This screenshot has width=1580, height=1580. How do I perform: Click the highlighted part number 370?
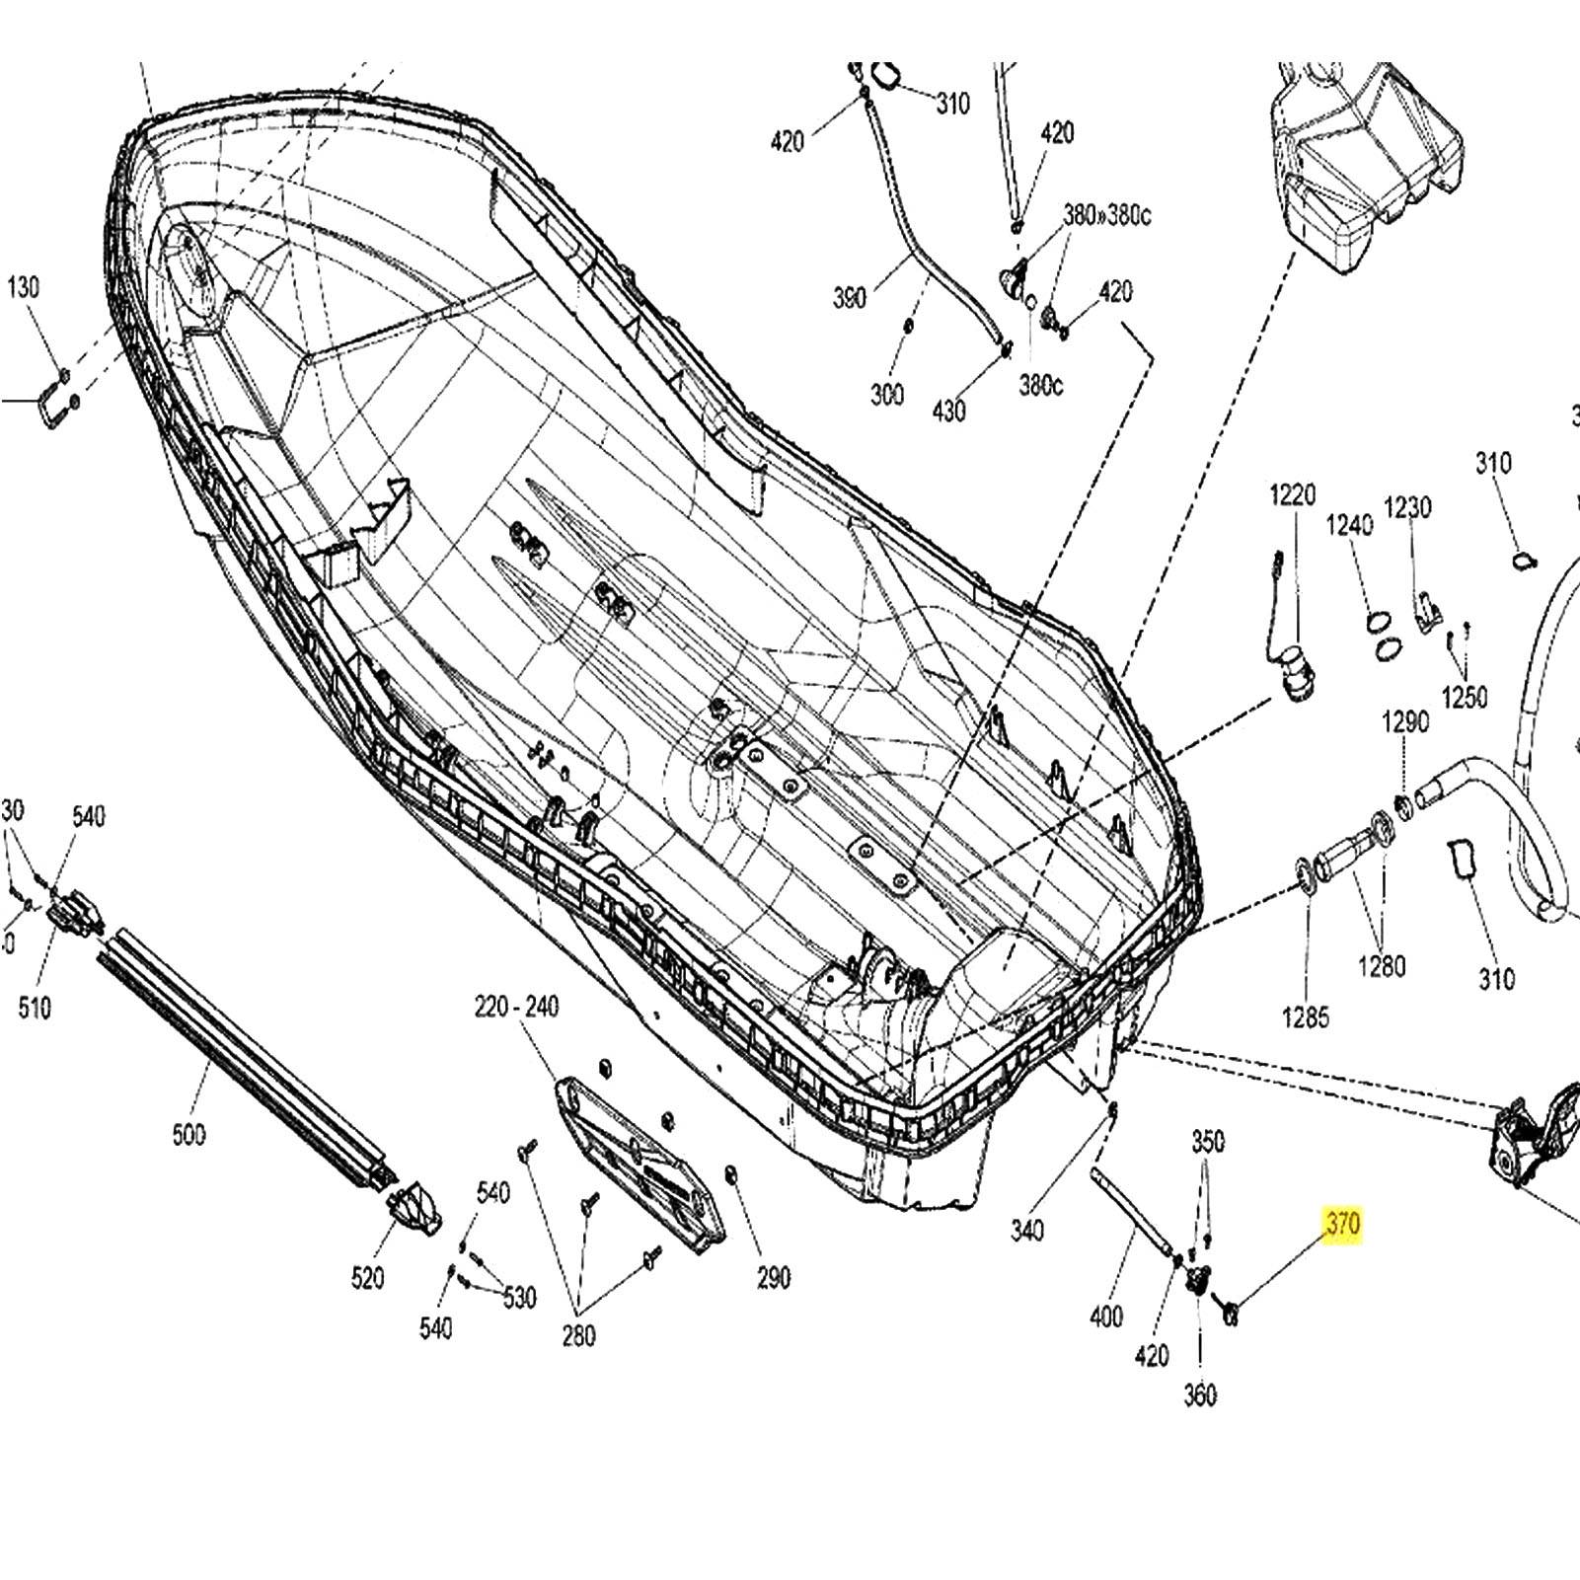coord(1342,1225)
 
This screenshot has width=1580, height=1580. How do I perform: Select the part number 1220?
coord(1292,494)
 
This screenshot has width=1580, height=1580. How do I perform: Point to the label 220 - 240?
coord(516,1007)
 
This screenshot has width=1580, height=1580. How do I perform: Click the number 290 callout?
coord(774,1277)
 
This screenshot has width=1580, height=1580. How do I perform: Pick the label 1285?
coord(1305,1016)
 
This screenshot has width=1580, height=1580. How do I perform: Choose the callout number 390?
coord(849,296)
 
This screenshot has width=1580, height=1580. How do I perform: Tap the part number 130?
coord(24,287)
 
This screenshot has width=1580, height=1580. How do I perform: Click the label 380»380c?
coord(1106,215)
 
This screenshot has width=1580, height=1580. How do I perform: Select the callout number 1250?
coord(1464,697)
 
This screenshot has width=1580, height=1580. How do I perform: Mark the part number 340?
coord(1027,1230)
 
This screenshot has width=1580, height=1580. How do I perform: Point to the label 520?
coord(367,1278)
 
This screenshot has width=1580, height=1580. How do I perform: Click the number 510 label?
coord(35,1008)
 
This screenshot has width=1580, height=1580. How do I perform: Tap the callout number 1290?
coord(1404,721)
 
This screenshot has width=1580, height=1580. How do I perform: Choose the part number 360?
coord(1200,1394)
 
